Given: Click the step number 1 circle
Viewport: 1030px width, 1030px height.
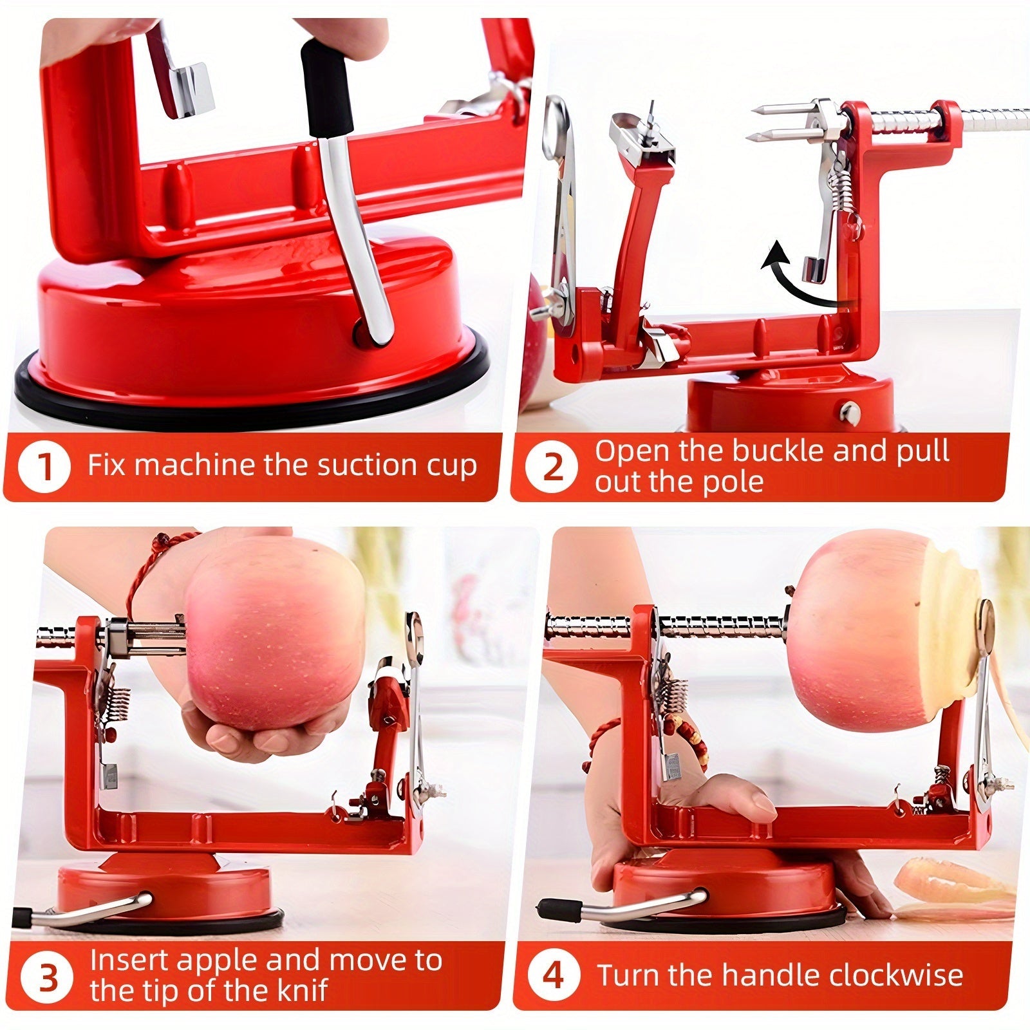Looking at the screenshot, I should (44, 467).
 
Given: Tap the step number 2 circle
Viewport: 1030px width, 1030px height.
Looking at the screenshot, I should (552, 467).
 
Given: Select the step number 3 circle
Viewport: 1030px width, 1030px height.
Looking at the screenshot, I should (48, 977).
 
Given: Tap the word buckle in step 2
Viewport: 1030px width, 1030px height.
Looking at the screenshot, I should (780, 451).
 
